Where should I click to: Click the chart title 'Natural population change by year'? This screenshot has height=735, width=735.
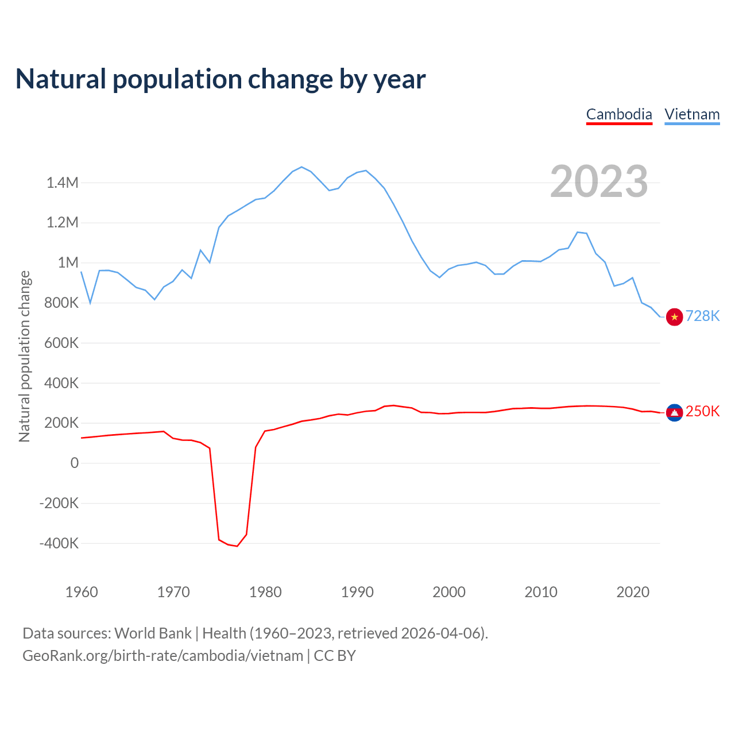tap(220, 79)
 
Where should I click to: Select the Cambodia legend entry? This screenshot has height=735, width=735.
tap(619, 114)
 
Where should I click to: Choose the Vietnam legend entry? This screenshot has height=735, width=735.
tap(692, 114)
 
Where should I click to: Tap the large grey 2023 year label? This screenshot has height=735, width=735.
tap(599, 181)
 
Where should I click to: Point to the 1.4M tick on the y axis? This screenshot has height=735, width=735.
tap(63, 183)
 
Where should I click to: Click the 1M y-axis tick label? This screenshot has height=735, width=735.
tap(68, 263)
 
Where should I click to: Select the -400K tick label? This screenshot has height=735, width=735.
tap(59, 543)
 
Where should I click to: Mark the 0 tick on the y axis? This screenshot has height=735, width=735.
tap(75, 463)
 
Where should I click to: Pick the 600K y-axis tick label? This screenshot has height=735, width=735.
tap(61, 343)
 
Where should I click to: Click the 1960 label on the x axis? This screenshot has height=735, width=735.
tap(82, 592)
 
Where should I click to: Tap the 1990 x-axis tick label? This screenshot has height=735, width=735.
tap(357, 592)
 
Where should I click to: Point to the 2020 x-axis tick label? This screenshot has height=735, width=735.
tap(633, 592)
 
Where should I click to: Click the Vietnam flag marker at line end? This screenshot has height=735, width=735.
tap(674, 317)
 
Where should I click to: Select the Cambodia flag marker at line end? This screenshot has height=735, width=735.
tap(674, 412)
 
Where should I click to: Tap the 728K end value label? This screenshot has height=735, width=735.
tap(702, 316)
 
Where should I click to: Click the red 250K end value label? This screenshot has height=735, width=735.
tap(702, 411)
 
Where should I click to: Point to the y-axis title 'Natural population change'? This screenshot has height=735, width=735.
tap(24, 357)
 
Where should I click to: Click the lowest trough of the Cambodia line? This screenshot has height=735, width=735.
tap(237, 546)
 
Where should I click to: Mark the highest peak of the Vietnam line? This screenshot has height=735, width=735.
tap(302, 167)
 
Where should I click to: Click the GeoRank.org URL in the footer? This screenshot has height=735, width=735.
tap(163, 656)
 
